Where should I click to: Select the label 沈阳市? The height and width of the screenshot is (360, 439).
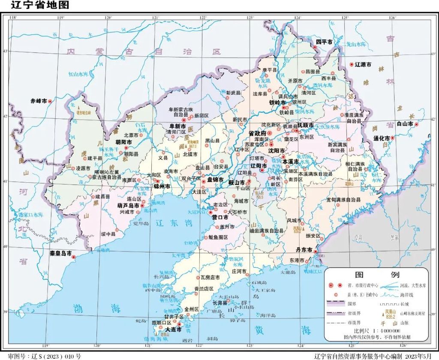[x=277, y=151]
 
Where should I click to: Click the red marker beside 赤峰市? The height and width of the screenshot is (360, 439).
[x=50, y=101]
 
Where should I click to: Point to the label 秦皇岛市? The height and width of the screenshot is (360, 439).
[x=59, y=253]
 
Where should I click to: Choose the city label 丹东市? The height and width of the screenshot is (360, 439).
[x=304, y=248]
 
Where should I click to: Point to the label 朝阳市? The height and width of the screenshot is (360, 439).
[x=123, y=142]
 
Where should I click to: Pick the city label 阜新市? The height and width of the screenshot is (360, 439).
[x=177, y=126]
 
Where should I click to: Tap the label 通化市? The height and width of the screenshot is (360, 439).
[x=381, y=138]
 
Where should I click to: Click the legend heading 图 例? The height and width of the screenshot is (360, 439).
[x=377, y=275]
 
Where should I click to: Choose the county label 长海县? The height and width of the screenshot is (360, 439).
[x=223, y=303]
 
